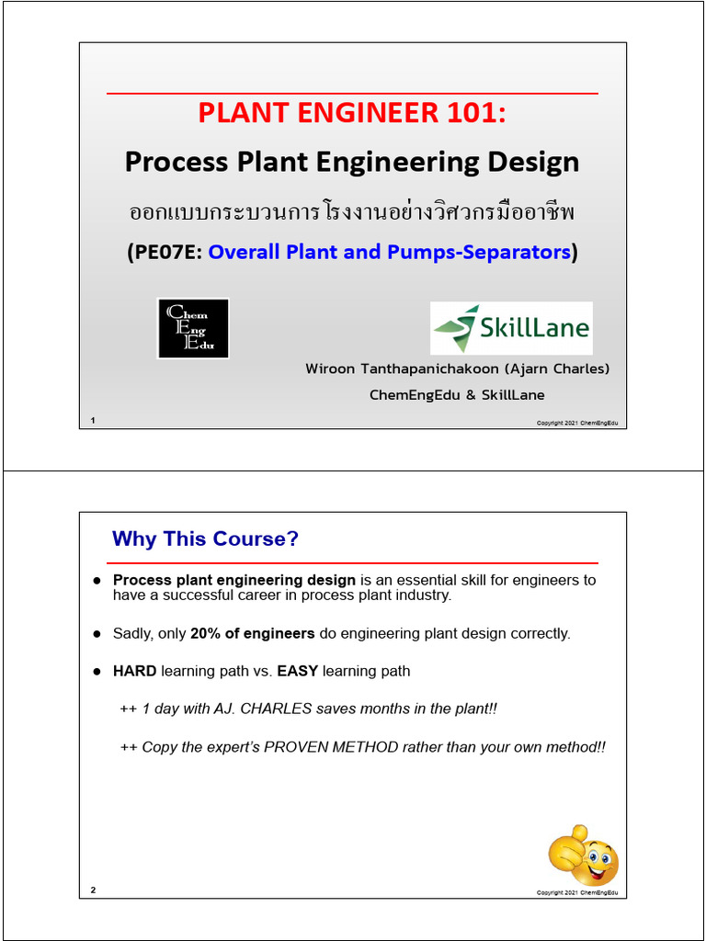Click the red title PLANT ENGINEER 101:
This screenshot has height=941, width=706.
click(352, 113)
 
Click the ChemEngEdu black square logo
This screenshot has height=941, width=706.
click(193, 328)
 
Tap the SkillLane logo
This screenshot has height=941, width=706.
click(511, 328)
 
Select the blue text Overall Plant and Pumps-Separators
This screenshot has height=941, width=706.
click(389, 252)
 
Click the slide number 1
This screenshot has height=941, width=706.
click(93, 422)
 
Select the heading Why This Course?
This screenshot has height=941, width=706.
click(205, 539)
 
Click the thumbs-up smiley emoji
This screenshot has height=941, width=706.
click(583, 855)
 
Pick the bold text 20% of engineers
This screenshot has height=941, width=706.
click(252, 633)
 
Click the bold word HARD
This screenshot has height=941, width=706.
click(134, 671)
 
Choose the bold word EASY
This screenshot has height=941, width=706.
click(297, 671)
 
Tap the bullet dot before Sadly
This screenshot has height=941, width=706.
click(97, 634)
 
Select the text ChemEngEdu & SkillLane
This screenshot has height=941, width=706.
click(457, 395)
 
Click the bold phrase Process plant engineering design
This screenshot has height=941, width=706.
click(233, 580)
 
